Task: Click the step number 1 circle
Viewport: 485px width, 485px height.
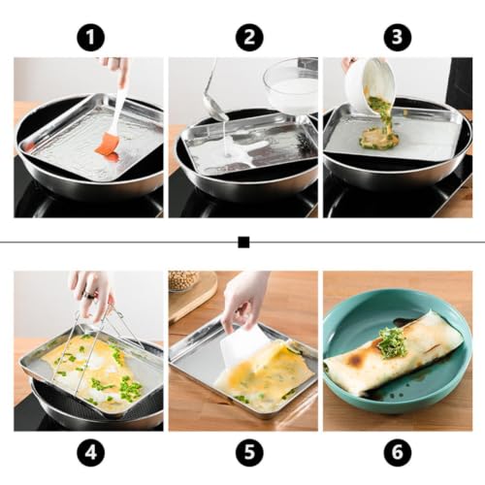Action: click(x=91, y=37)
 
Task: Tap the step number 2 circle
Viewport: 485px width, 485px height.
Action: click(x=249, y=37)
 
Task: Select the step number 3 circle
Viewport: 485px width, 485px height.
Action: click(x=398, y=37)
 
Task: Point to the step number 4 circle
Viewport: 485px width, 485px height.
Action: click(x=91, y=452)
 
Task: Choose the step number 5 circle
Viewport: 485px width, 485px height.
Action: click(x=249, y=452)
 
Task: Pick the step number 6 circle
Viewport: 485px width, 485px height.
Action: click(x=398, y=452)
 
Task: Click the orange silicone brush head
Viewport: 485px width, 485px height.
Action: click(x=109, y=147)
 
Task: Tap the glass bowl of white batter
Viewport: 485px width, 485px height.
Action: click(x=291, y=87)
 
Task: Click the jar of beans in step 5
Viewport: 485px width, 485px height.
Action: click(x=183, y=281)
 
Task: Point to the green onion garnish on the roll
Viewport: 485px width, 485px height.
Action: click(x=392, y=343)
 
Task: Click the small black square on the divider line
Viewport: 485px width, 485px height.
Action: click(x=243, y=242)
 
